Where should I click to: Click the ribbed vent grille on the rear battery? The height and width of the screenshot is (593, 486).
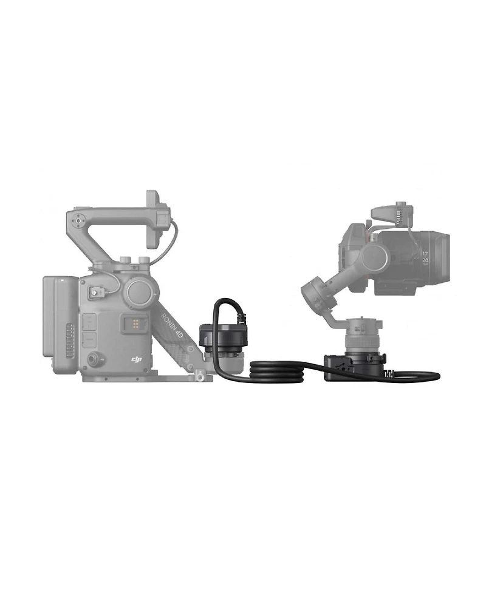click(70, 340)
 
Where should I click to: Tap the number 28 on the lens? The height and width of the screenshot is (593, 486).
click(424, 260)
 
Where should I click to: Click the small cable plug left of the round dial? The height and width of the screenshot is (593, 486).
click(95, 295)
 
